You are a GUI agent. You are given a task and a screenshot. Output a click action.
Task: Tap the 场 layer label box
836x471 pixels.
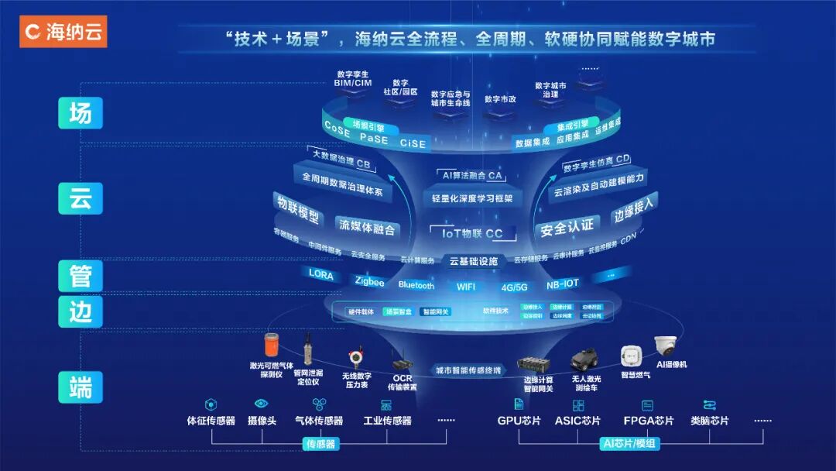81,114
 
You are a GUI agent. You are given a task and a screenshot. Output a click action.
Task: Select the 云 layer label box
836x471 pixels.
81,198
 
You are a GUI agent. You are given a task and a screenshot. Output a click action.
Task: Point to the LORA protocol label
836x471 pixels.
321,273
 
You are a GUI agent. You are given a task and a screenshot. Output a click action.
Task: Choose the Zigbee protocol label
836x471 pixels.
369,282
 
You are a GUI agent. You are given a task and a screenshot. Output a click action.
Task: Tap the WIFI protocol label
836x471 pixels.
466,287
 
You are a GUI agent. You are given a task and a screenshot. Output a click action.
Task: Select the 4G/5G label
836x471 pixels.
514,287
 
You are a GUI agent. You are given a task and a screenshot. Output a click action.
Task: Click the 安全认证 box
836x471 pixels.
567,228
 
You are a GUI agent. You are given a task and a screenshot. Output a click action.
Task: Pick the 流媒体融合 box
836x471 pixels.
367,228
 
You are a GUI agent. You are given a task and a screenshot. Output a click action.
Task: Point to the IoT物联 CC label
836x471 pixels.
472,233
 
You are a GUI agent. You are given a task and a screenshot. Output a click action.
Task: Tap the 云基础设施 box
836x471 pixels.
474,261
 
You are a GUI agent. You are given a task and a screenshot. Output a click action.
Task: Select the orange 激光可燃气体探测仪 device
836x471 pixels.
271,345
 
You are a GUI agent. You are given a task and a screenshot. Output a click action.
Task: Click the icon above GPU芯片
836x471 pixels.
519,404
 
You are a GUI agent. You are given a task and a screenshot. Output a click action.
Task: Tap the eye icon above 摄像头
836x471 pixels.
261,404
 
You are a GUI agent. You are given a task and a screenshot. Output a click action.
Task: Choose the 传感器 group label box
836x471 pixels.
321,445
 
